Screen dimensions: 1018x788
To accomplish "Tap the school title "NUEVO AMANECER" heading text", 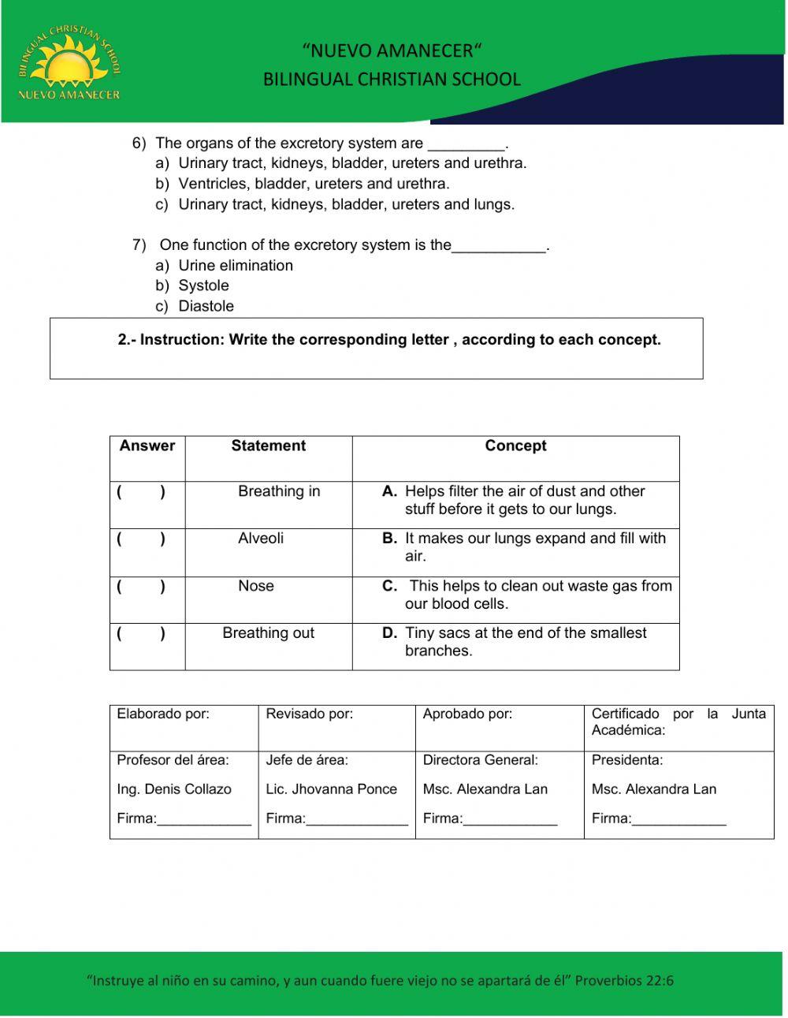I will pyautogui.click(x=392, y=51).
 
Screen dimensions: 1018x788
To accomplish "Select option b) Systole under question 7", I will pyautogui.click(x=203, y=285).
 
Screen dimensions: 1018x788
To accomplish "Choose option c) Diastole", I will pyautogui.click(x=205, y=306).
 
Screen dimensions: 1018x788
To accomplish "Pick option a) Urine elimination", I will pyautogui.click(x=235, y=266).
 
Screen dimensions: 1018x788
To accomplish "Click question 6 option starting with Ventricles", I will pyautogui.click(x=313, y=184).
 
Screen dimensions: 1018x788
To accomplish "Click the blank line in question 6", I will pyautogui.click(x=466, y=145).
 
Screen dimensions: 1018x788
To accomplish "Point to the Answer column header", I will pyautogui.click(x=147, y=446).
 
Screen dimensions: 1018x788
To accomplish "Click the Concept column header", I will pyautogui.click(x=515, y=446).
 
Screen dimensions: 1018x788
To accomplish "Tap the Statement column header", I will pyautogui.click(x=268, y=446).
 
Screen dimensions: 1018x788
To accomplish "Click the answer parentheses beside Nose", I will pyautogui.click(x=141, y=587).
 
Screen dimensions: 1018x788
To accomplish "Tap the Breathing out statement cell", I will pyautogui.click(x=268, y=633).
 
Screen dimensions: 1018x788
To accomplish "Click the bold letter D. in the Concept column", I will pyautogui.click(x=389, y=633).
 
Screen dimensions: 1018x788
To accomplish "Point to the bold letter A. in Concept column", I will pyautogui.click(x=389, y=491).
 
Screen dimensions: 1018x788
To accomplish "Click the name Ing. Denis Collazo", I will pyautogui.click(x=174, y=789).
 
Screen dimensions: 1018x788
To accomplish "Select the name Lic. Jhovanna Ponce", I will pyautogui.click(x=331, y=789).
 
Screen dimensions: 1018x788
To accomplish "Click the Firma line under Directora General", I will pyautogui.click(x=510, y=820).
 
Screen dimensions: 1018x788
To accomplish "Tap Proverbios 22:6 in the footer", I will pyautogui.click(x=624, y=981).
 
